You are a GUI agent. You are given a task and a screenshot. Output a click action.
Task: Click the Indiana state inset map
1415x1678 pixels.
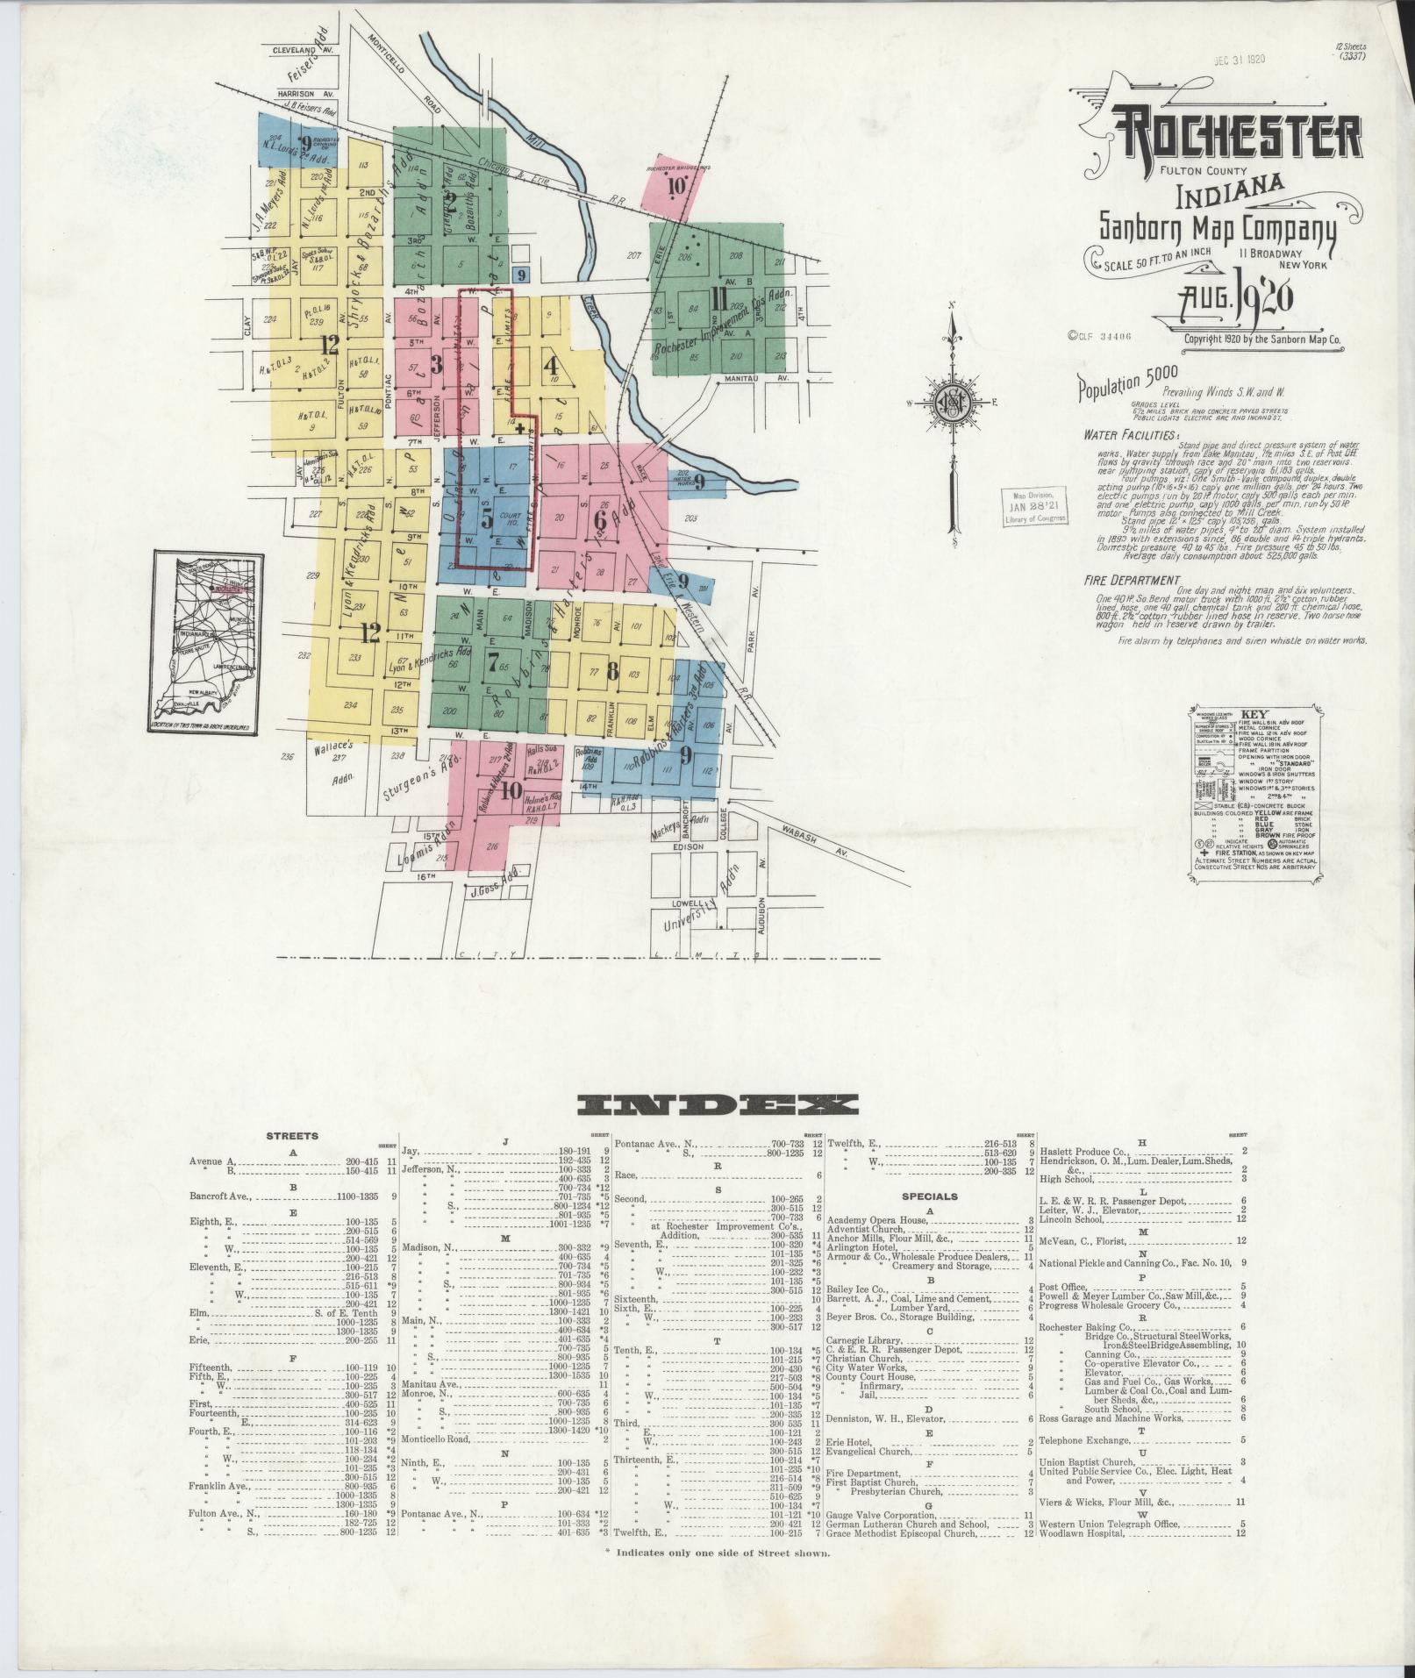tap(207, 642)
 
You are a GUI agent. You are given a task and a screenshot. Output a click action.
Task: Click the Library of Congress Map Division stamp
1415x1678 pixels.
tap(1035, 507)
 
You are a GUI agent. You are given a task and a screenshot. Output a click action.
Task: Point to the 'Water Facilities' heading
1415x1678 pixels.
tap(1129, 434)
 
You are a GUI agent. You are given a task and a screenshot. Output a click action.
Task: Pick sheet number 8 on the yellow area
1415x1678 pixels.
tap(611, 672)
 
